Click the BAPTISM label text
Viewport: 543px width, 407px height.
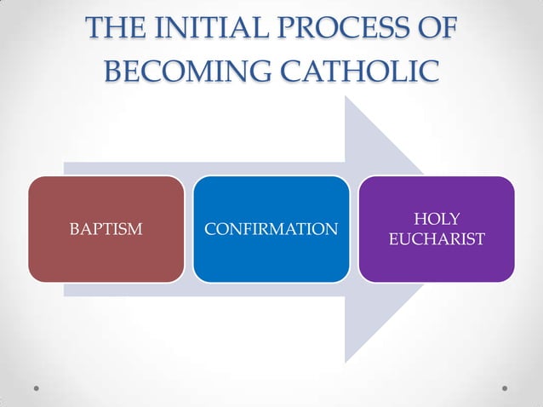point(106,229)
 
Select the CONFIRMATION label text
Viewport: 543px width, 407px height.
point(271,229)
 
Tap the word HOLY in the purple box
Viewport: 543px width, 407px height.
point(436,220)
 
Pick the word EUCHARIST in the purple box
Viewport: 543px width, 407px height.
point(436,239)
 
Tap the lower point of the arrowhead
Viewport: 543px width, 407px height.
point(345,363)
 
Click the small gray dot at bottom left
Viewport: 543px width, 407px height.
point(37,387)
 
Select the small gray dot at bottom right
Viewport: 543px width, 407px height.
point(505,387)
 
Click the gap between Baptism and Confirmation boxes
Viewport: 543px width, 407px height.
point(188,229)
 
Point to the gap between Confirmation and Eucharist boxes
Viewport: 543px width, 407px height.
point(353,229)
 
